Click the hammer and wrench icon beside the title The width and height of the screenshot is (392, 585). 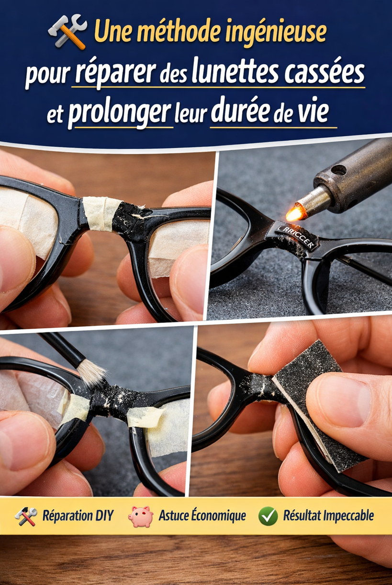click(x=67, y=32)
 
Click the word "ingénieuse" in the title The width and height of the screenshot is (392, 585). click(x=276, y=33)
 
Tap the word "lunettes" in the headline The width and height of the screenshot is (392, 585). click(x=235, y=70)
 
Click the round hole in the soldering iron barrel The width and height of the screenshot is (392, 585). click(x=338, y=170)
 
